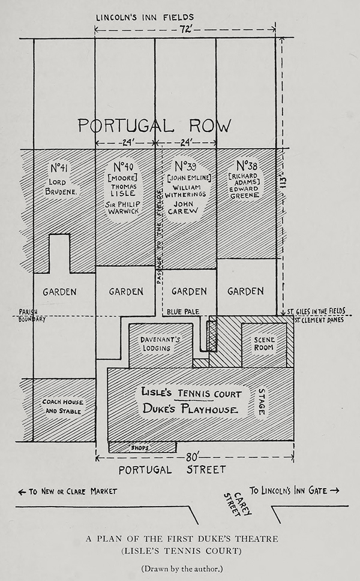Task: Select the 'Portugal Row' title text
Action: click(154, 126)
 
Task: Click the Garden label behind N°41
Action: click(59, 292)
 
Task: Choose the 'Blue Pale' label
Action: click(182, 311)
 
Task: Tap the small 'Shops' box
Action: click(142, 447)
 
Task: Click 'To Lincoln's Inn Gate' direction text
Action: click(294, 490)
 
